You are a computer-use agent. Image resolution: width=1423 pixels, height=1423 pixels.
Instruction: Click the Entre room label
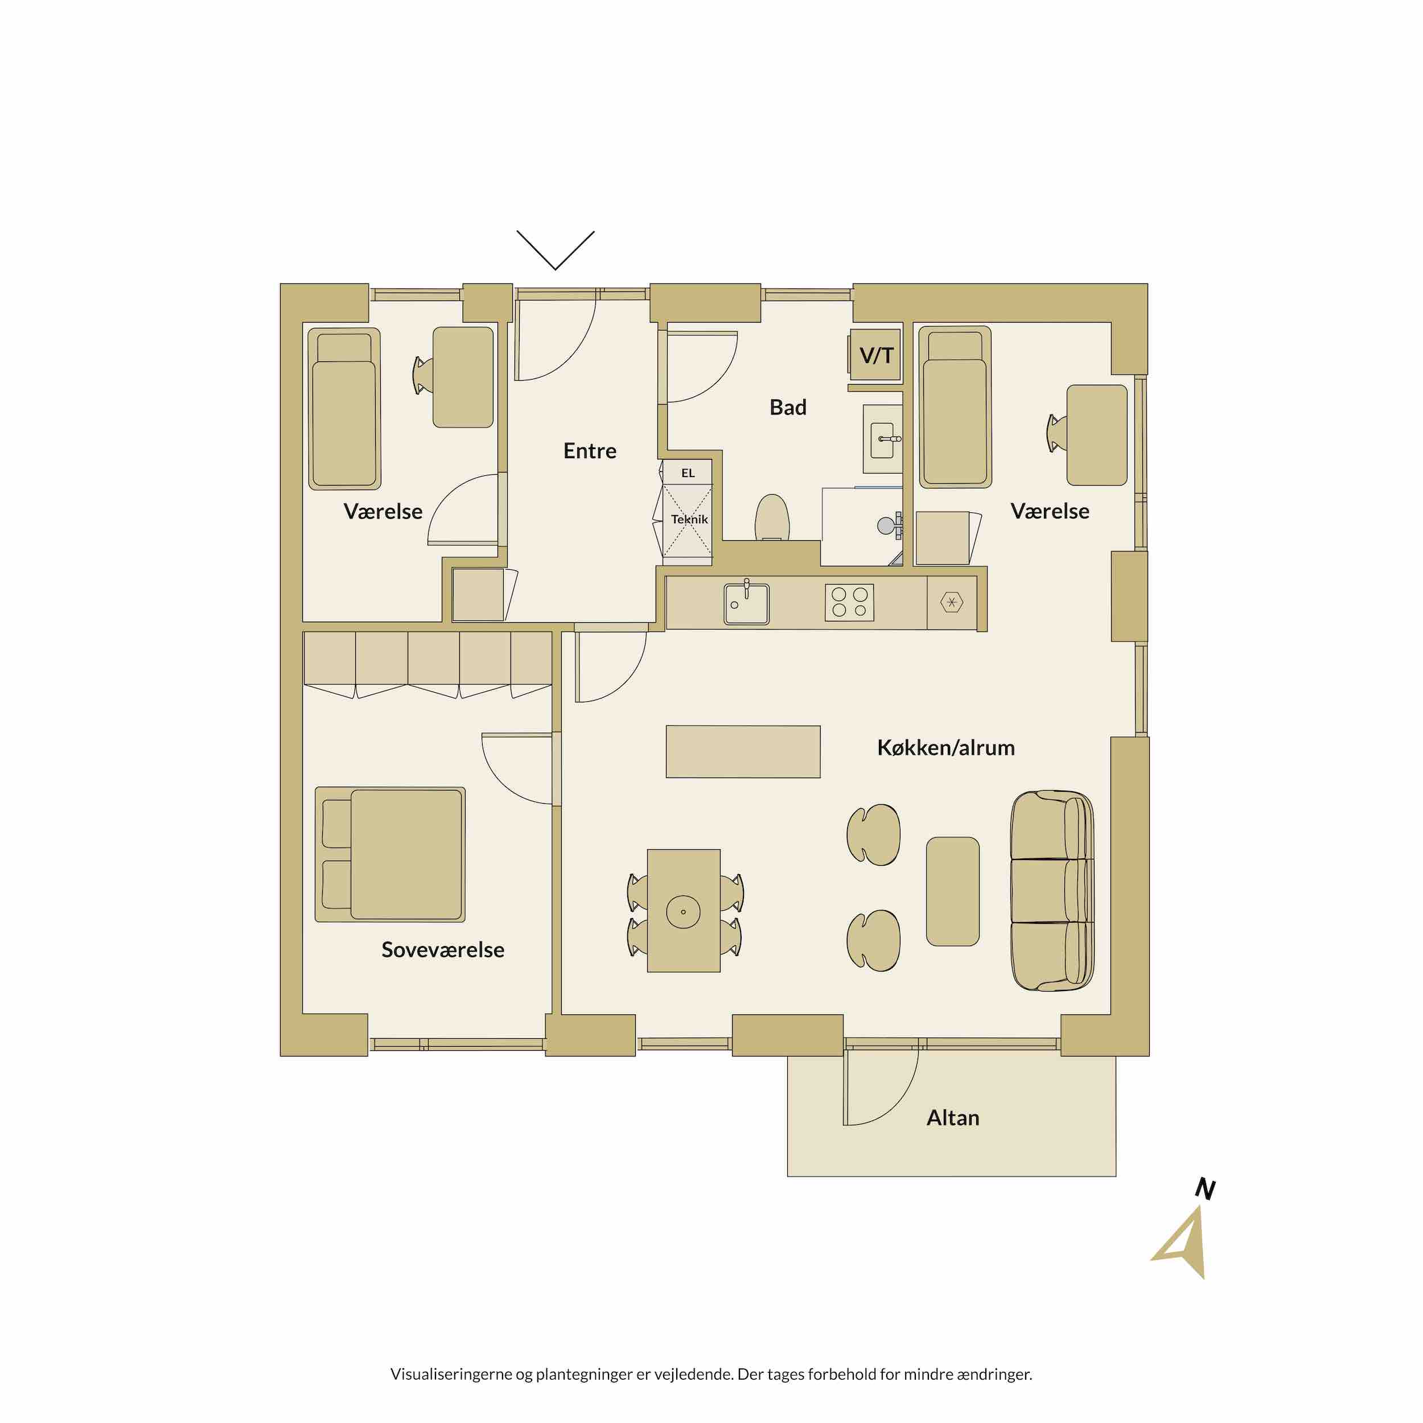tap(589, 451)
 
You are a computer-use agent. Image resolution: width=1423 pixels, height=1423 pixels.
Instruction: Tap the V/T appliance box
tap(876, 355)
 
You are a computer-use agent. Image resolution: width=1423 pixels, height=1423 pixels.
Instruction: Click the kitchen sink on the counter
tap(746, 604)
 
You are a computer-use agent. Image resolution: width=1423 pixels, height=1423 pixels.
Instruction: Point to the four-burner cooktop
tap(849, 602)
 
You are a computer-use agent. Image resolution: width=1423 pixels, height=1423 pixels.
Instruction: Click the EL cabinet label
tap(688, 473)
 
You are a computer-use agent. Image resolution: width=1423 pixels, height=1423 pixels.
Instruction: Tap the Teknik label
tap(689, 519)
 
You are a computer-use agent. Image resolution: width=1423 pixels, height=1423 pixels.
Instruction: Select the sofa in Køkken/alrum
tap(1052, 891)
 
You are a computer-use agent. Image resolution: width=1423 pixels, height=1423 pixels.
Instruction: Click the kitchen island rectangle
tap(743, 751)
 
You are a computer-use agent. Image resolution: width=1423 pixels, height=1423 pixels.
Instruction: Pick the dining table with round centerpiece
tap(684, 911)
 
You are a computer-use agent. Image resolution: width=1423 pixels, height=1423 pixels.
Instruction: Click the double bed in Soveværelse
tap(390, 854)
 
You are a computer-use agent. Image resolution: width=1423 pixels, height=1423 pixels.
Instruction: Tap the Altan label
tap(953, 1117)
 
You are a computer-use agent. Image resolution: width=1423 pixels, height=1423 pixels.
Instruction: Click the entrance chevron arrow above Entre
tap(556, 250)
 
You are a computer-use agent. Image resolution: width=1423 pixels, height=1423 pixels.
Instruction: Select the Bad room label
tap(788, 408)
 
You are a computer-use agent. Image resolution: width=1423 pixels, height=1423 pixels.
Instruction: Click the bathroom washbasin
tap(882, 440)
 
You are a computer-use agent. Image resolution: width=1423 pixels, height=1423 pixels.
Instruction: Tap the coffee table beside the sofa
tap(953, 891)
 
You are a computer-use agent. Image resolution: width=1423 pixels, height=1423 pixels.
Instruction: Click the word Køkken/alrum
tap(945, 748)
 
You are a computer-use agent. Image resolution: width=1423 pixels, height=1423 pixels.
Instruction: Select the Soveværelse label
tap(443, 949)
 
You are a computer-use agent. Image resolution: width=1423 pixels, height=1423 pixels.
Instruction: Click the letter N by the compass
tap(1205, 1189)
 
